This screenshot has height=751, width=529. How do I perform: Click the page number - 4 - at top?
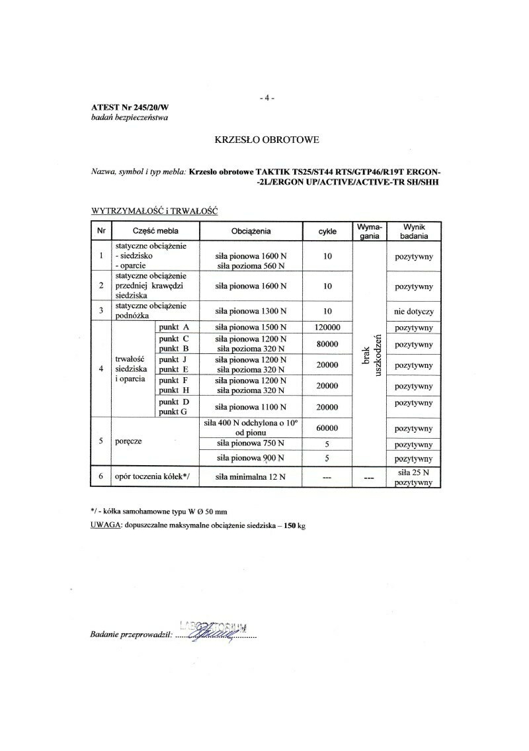(x=267, y=99)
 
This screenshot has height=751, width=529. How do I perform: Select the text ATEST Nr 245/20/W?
(x=126, y=108)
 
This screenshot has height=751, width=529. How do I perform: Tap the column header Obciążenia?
(x=251, y=232)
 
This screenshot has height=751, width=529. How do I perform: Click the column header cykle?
(x=327, y=232)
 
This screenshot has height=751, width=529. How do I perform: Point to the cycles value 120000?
(x=327, y=328)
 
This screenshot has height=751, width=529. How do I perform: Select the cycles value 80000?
(x=327, y=344)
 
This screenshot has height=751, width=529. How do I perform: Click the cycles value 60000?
(x=327, y=428)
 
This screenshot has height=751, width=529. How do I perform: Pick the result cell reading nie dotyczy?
(x=413, y=311)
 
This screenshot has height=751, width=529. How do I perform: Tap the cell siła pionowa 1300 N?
(x=251, y=311)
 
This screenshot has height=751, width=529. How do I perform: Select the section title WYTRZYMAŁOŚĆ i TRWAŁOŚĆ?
(x=154, y=210)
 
